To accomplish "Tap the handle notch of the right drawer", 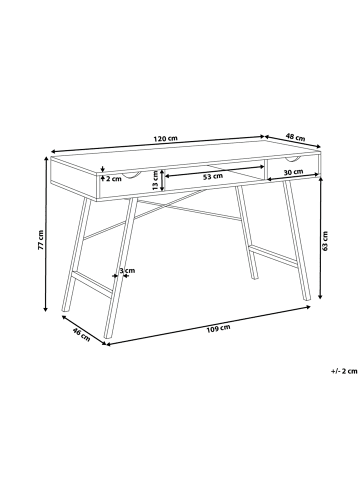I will (294, 158).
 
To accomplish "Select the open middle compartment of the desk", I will (210, 170).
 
